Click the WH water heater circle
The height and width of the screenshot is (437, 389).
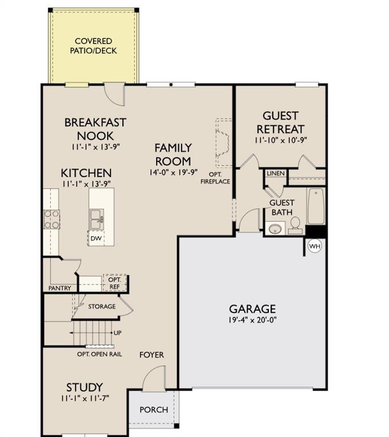[x=314, y=246]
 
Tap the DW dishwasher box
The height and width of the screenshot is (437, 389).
[x=96, y=238]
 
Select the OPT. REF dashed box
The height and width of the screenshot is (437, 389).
[x=114, y=283]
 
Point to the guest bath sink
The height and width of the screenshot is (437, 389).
[x=275, y=229]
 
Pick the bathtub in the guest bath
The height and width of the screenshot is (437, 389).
[x=316, y=206]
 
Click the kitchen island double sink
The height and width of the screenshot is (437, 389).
[x=96, y=219]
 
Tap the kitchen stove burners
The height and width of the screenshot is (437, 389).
[x=52, y=219]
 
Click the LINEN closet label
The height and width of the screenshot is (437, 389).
[x=276, y=174]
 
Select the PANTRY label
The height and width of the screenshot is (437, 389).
[x=60, y=288]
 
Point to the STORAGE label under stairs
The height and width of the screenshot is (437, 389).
[x=102, y=307]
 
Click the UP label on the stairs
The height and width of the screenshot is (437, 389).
[x=117, y=333]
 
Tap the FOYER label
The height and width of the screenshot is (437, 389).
[x=151, y=355]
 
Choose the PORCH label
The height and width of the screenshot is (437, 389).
[x=154, y=410]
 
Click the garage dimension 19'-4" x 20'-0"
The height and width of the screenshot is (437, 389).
[x=252, y=320]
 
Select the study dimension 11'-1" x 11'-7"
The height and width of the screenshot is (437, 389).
[x=85, y=398]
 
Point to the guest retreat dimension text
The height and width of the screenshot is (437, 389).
[x=281, y=140]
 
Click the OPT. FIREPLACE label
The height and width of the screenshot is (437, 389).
[x=215, y=178]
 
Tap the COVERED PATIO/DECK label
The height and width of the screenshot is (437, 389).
[x=93, y=46]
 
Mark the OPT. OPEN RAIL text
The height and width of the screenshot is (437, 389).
[x=99, y=354]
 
